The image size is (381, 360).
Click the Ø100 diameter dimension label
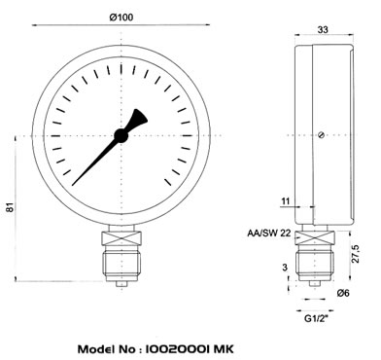pos(121,18)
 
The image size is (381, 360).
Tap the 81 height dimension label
pos(11,207)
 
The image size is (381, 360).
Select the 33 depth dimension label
pos(323,30)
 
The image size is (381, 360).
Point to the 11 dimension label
pos(285,201)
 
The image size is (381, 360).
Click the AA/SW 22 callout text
pos(269,233)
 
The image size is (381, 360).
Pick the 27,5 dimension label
pos(356,254)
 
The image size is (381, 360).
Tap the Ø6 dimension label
pos(343,293)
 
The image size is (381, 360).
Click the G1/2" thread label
pos(316,318)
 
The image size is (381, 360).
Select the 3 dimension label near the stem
pos(285,268)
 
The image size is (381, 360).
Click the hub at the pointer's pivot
pos(121,135)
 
